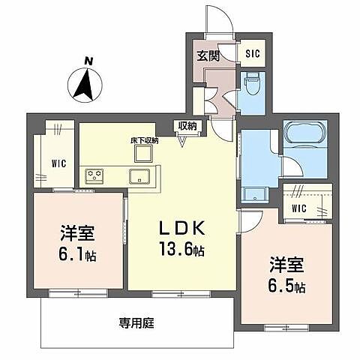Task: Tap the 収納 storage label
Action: [187, 125]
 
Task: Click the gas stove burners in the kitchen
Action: [95, 176]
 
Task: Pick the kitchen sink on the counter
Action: [139, 177]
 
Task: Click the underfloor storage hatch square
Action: [142, 153]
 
